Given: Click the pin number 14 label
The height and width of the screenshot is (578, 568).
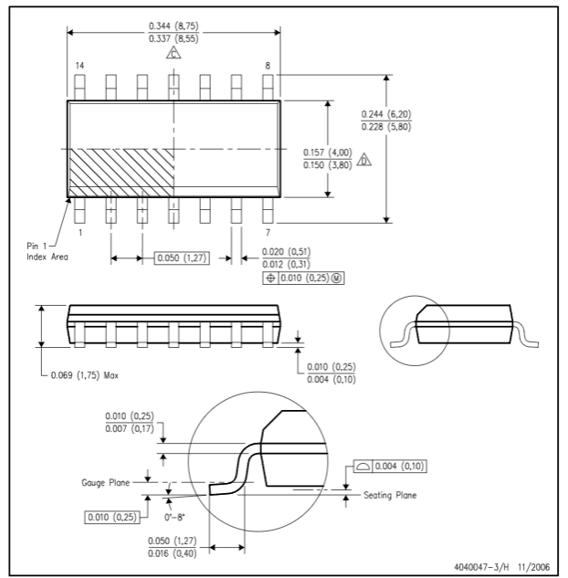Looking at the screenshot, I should tap(79, 66).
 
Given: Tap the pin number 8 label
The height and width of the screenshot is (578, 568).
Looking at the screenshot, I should tap(268, 66).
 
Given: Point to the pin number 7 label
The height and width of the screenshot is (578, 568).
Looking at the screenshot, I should tap(268, 234).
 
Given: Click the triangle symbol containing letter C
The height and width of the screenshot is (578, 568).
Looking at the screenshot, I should tap(174, 54).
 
